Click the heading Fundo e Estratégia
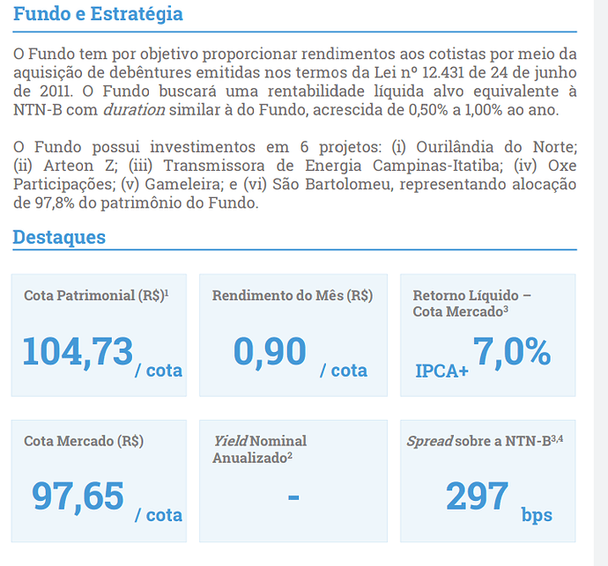pyautogui.click(x=98, y=14)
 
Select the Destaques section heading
pyautogui.click(x=59, y=237)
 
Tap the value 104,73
pyautogui.click(x=78, y=352)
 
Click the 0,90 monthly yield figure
pyautogui.click(x=270, y=352)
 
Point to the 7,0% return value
pyautogui.click(x=512, y=352)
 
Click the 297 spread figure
pyautogui.click(x=477, y=496)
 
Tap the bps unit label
pyautogui.click(x=537, y=516)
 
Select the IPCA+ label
pyautogui.click(x=441, y=371)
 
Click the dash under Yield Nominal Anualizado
pyautogui.click(x=293, y=497)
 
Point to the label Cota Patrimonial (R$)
pyautogui.click(x=96, y=296)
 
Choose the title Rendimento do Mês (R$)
pyautogui.click(x=293, y=296)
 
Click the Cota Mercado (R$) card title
pyautogui.click(x=84, y=441)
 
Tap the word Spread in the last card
pyautogui.click(x=430, y=442)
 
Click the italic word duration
pyautogui.click(x=134, y=110)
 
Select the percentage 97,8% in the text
pyautogui.click(x=55, y=203)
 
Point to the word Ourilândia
pyautogui.click(x=455, y=147)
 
